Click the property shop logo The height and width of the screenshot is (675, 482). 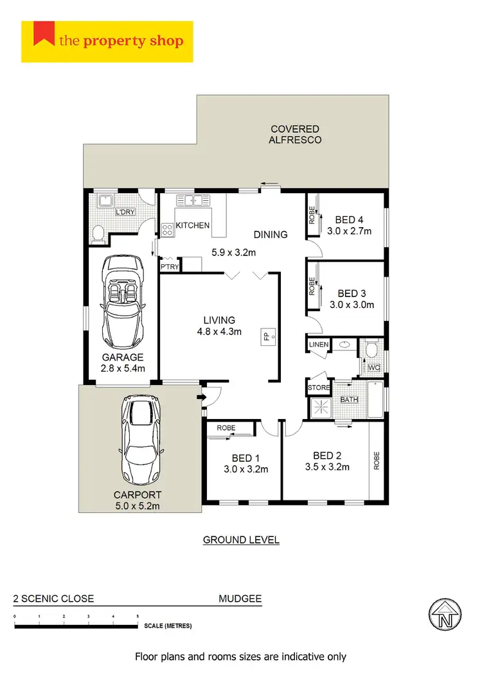pos(107,42)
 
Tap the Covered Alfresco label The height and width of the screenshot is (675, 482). pos(296,134)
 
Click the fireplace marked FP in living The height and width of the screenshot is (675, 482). pos(269,336)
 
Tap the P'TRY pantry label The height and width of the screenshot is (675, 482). pos(170,267)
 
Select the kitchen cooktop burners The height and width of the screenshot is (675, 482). pos(166,229)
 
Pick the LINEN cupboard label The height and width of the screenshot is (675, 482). pos(319,345)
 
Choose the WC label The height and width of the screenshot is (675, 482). pos(373,368)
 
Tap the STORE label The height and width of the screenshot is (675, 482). pos(319,388)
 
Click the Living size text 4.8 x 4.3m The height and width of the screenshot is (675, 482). pos(219,332)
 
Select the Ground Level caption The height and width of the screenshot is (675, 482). pos(241,540)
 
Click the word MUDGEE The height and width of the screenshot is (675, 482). pos(240,599)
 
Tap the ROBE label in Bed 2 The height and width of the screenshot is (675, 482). pos(377,461)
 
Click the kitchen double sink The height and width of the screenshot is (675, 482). pos(191,201)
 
